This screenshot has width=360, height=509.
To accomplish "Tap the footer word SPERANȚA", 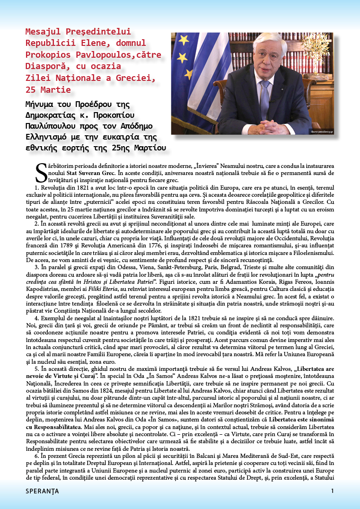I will [43, 491].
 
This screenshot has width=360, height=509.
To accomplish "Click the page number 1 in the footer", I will [333, 491].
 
